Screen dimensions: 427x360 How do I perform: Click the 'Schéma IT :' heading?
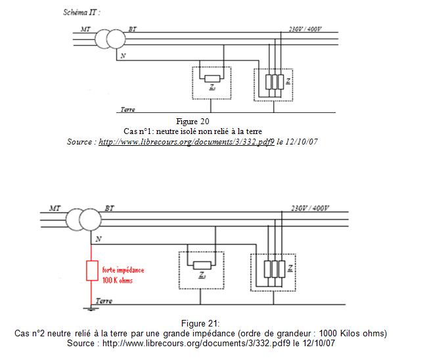(81, 12)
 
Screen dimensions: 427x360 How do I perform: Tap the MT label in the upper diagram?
(85, 29)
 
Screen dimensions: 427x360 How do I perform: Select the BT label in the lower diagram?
(110, 208)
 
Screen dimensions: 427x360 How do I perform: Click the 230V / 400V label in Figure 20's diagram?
(305, 29)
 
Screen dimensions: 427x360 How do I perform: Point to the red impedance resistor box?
(92, 271)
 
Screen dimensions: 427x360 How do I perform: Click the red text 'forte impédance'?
(123, 270)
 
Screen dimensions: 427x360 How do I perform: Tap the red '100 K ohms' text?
(118, 281)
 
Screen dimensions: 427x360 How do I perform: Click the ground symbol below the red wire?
(91, 309)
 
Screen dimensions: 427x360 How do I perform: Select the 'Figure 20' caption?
(192, 122)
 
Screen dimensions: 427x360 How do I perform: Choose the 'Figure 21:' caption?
(200, 323)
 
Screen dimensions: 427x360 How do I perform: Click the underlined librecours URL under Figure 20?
(187, 142)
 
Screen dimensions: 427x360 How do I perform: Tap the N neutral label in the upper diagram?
(123, 56)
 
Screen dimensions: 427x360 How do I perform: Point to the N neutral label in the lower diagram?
(99, 239)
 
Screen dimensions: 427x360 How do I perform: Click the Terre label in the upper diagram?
(127, 110)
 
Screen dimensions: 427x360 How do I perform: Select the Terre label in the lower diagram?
(104, 301)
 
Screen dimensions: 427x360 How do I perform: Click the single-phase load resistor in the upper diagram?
(212, 79)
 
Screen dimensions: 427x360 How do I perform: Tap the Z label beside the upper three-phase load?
(288, 81)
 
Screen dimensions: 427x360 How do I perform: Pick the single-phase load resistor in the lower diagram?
(202, 265)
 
